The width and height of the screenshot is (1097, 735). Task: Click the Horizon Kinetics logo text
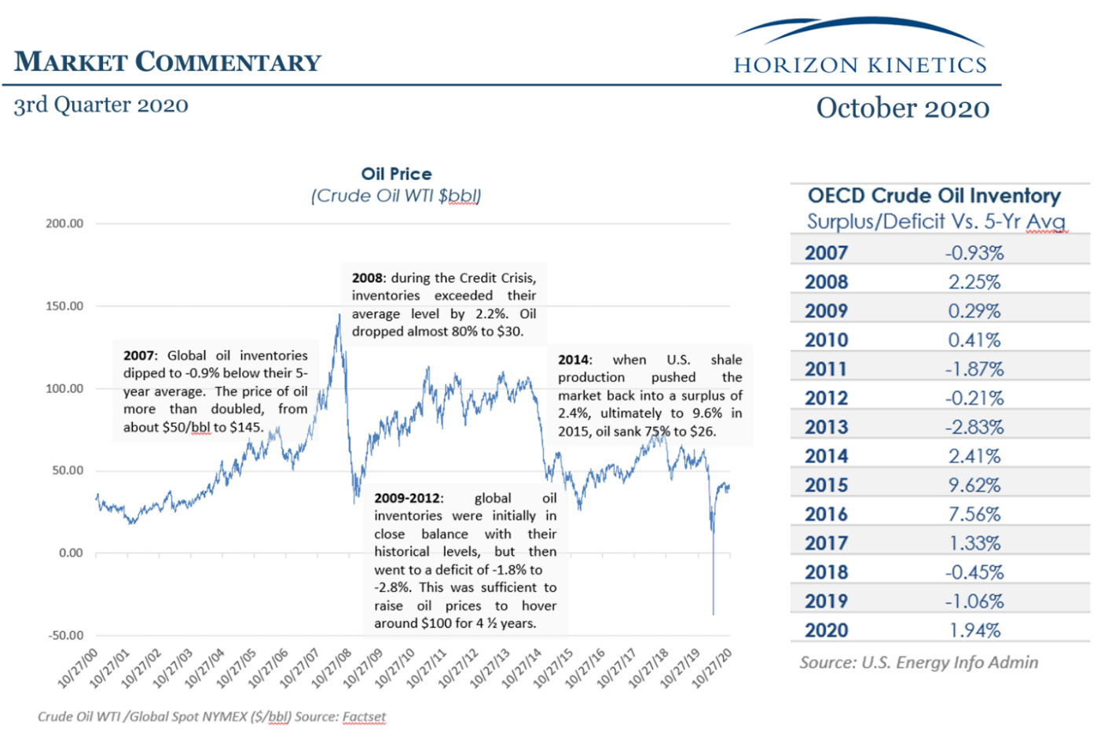[x=860, y=65]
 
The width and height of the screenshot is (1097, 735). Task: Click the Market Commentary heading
[x=167, y=62]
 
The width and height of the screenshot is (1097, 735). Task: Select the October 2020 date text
[x=903, y=108]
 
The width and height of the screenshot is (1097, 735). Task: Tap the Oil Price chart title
[x=396, y=174]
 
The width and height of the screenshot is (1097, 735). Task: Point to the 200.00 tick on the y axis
[x=64, y=223]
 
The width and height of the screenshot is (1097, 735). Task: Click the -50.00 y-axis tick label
[x=66, y=635]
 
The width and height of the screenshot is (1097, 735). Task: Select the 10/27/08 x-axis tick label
[x=332, y=667]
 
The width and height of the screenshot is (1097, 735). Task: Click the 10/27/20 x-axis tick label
[x=713, y=667]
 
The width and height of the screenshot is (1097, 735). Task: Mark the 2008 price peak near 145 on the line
[x=339, y=314]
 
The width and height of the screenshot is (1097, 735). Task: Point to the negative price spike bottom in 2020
[x=713, y=614]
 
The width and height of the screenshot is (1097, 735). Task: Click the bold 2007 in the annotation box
[x=138, y=355]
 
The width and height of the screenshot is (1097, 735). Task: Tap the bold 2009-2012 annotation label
[x=406, y=498]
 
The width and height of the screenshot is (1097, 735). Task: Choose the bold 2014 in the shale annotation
[x=573, y=360]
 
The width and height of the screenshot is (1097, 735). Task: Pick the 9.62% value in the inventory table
[x=974, y=485]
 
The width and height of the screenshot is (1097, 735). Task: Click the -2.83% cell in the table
[x=974, y=428]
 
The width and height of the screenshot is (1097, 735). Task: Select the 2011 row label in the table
[x=826, y=369]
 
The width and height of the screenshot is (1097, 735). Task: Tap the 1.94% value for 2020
[x=974, y=630]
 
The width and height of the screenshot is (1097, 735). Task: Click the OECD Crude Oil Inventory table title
[x=934, y=196]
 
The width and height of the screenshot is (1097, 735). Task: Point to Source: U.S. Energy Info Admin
[x=919, y=663]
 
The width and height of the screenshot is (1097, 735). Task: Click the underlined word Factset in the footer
[x=364, y=717]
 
